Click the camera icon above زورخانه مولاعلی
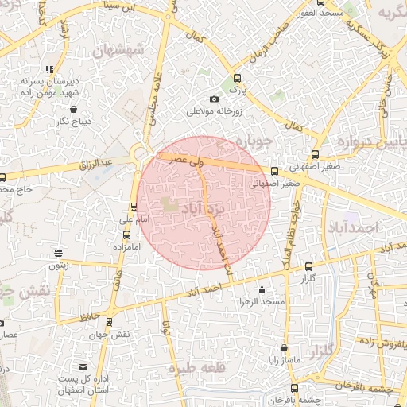pyautogui.click(x=213, y=99)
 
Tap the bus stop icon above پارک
pyautogui.click(x=236, y=79)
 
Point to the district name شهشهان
pyautogui.click(x=118, y=50)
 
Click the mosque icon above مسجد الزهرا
pyautogui.click(x=262, y=289)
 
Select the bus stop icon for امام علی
pyautogui.click(x=134, y=207)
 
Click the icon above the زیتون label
pyautogui.click(x=57, y=254)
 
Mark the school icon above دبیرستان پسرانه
pyautogui.click(x=50, y=69)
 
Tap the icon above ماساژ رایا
pyautogui.click(x=284, y=348)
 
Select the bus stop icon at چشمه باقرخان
pyautogui.click(x=294, y=388)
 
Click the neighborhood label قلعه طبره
pyautogui.click(x=213, y=367)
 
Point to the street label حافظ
pyautogui.click(x=89, y=316)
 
